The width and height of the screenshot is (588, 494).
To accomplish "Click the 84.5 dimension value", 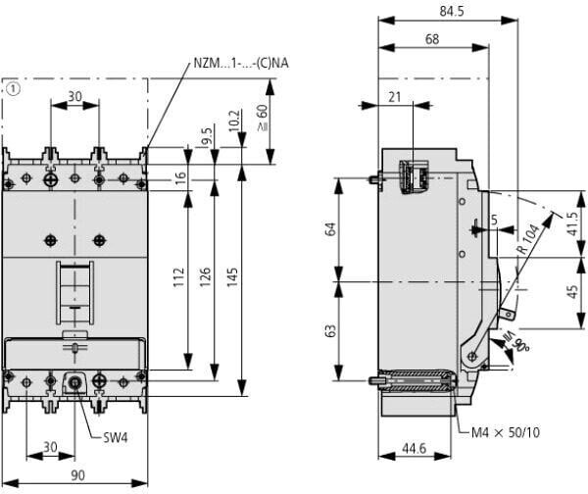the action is click(451, 11).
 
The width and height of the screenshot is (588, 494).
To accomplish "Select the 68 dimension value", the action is click(432, 39).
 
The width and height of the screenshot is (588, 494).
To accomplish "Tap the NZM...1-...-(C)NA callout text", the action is click(241, 63).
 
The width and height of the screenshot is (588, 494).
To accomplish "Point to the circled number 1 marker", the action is click(13, 89).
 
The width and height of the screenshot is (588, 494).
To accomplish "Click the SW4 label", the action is click(116, 437).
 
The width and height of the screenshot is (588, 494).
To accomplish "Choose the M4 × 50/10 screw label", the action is click(506, 433).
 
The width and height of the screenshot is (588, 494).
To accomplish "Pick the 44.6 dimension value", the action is click(414, 448).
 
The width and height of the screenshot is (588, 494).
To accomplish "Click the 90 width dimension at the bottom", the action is click(77, 475).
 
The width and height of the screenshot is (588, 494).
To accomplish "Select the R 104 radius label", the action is click(529, 239).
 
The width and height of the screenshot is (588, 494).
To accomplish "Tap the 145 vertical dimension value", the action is click(232, 277).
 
